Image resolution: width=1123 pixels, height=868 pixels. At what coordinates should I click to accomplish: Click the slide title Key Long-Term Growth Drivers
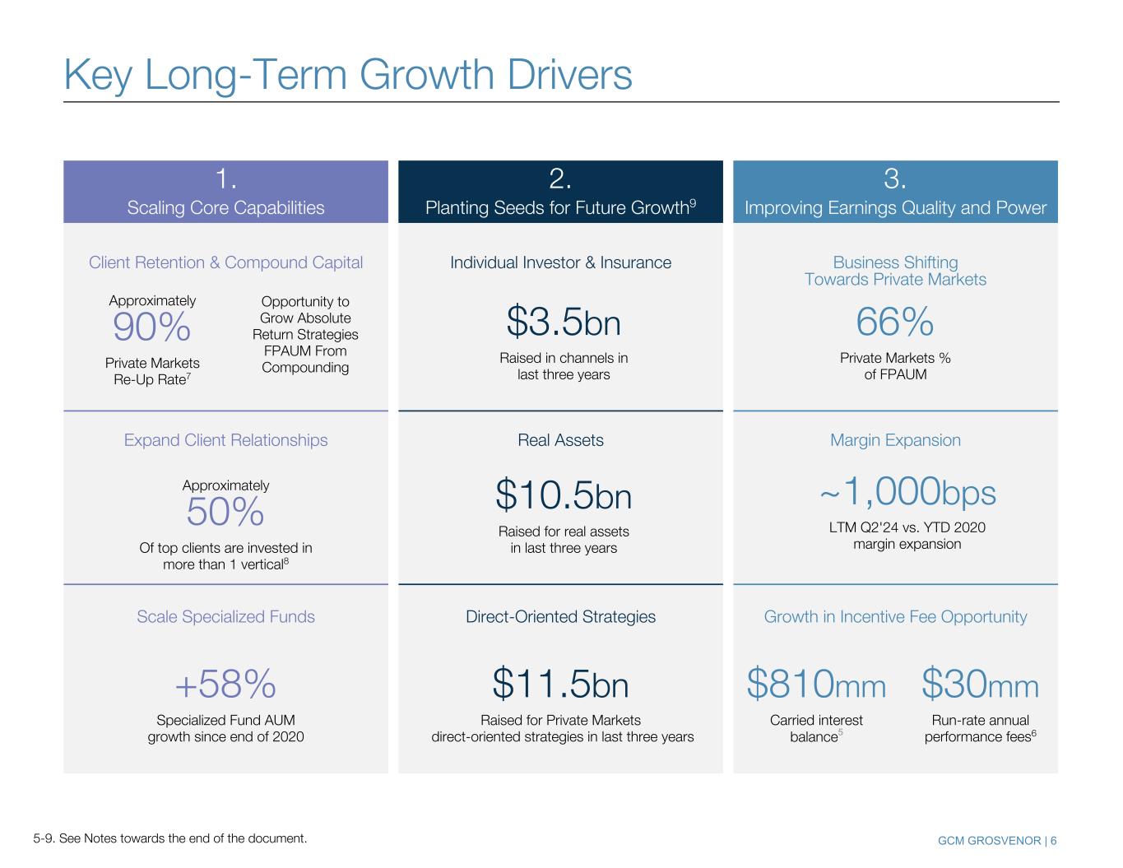coord(348,75)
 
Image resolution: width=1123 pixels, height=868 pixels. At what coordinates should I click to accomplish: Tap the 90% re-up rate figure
coord(152,328)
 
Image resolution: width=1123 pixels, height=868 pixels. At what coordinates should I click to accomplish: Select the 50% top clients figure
coord(225,512)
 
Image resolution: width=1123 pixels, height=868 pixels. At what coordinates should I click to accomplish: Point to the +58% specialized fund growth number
coord(225,684)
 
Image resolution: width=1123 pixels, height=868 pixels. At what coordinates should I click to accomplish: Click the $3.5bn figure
coord(564,322)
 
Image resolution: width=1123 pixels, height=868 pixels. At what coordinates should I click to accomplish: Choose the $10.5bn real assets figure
coord(564,495)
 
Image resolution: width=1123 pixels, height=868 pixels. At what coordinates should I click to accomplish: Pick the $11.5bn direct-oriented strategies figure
coord(561,684)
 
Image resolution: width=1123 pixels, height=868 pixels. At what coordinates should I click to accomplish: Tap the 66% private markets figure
coord(895,322)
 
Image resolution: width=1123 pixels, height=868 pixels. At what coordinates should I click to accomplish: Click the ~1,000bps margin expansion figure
coord(907,493)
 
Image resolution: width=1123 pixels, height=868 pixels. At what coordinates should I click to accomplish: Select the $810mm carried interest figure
coord(816,684)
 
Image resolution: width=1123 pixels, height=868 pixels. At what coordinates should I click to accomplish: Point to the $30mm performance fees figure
coord(980,684)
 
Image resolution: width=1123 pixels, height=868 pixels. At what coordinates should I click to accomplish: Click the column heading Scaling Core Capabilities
coord(225,207)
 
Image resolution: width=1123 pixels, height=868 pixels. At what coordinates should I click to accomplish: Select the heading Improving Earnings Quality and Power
coord(895,207)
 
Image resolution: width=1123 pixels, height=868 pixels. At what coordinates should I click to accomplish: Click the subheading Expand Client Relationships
coord(225,440)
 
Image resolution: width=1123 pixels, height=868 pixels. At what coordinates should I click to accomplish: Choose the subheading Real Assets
coord(560,440)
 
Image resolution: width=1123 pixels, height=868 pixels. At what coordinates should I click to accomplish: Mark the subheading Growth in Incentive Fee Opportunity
coord(895,616)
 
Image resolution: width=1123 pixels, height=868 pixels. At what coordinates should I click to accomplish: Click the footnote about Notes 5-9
coord(170,838)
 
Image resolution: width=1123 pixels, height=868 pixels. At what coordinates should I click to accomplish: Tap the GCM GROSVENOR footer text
coord(990,840)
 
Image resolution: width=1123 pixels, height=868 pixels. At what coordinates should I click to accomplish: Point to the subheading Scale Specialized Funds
coord(225,616)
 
